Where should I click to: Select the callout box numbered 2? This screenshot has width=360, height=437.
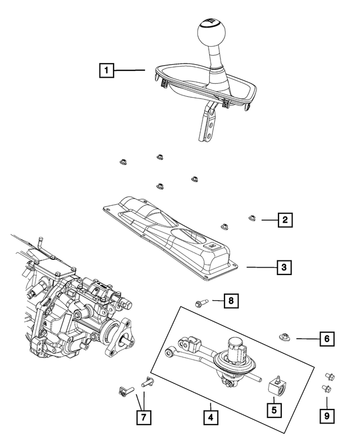click(x=286, y=220)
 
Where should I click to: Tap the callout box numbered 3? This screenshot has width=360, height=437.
click(x=286, y=268)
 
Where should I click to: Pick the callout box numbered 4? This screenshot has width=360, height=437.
click(x=210, y=418)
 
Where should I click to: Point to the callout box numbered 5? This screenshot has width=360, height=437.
click(x=274, y=410)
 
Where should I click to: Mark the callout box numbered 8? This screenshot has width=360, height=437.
click(x=230, y=301)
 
